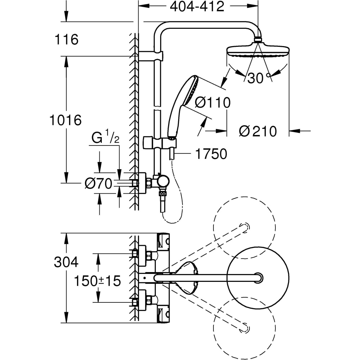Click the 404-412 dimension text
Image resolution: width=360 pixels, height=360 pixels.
[197, 6]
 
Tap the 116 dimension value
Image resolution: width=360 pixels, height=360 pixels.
[67, 40]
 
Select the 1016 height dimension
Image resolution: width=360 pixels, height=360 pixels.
[65, 121]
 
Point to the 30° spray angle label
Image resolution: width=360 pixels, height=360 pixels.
[258, 78]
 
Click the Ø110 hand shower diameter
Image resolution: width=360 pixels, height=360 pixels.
[212, 103]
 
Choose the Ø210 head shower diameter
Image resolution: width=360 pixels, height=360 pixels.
[258, 131]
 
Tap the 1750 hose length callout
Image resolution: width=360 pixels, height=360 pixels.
[211, 154]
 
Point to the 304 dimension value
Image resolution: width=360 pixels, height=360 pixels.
[66, 262]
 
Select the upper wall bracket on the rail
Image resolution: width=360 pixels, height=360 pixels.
[151, 56]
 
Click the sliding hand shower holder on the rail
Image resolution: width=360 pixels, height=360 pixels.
[160, 143]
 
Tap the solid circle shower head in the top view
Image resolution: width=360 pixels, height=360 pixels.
[258, 277]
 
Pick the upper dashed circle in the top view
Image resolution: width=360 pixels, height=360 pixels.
[245, 228]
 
